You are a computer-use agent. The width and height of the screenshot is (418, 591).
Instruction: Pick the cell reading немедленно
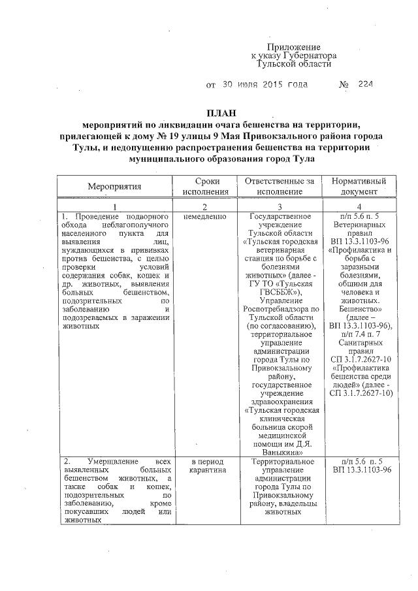pyautogui.click(x=206, y=216)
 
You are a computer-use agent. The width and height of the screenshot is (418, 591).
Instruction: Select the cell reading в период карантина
pyautogui.click(x=206, y=464)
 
